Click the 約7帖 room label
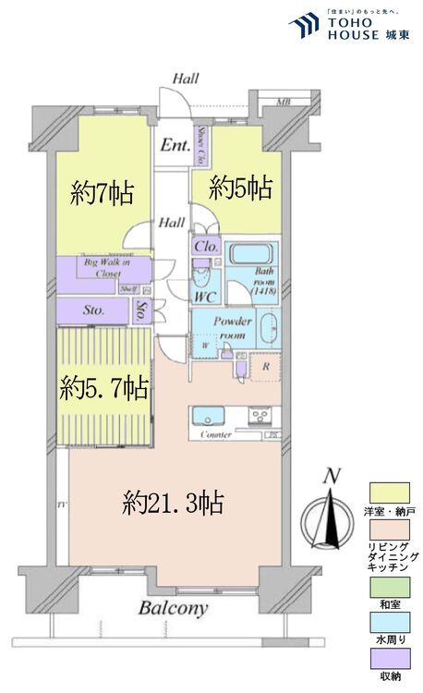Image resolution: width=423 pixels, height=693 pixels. point(103,193)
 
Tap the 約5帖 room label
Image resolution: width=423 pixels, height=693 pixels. point(240,188)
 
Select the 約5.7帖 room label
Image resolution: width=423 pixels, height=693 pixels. point(104,387)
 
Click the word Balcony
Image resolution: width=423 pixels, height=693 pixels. point(174,608)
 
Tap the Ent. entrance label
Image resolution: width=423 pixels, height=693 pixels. point(174,145)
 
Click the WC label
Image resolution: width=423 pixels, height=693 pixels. point(204,297)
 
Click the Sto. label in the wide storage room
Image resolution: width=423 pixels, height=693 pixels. point(95,311)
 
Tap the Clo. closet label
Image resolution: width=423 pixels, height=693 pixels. point(205,248)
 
